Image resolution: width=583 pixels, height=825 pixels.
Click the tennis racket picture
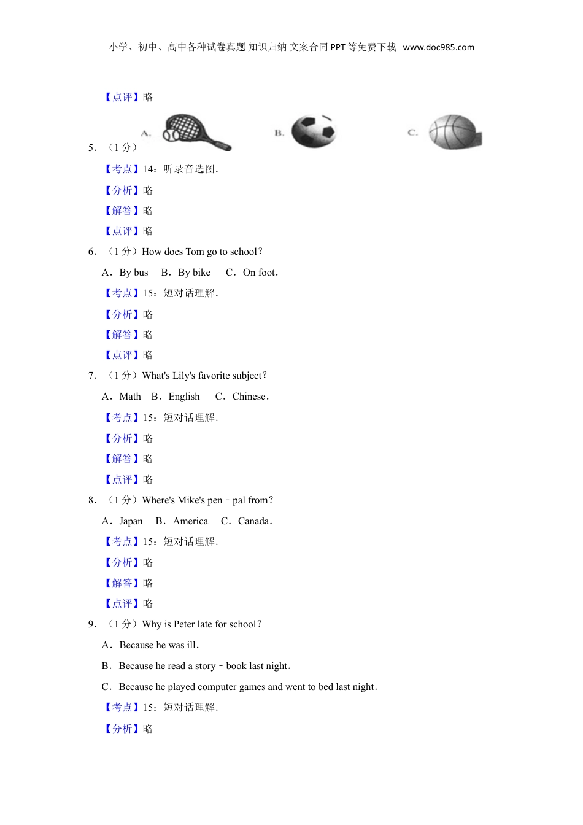point(195,131)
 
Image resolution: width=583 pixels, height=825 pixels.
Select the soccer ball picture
point(314,131)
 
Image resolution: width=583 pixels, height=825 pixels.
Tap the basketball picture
point(455,132)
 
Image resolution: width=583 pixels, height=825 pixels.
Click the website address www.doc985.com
point(438,47)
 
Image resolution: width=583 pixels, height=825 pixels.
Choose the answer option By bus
point(134,273)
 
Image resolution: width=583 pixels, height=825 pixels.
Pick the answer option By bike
point(194,273)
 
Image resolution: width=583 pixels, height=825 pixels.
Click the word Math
point(130,397)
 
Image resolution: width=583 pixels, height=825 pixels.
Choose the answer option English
point(184,397)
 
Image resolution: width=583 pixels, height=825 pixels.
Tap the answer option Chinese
point(249,397)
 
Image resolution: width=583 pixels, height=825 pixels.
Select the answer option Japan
point(131,521)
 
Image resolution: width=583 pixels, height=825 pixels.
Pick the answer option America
point(190,521)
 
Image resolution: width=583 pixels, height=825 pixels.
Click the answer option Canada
point(254,521)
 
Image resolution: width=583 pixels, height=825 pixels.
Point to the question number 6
point(92,252)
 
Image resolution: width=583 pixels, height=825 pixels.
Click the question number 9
point(92,624)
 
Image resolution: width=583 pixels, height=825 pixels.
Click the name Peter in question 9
point(184,624)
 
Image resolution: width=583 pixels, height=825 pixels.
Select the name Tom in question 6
point(195,252)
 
